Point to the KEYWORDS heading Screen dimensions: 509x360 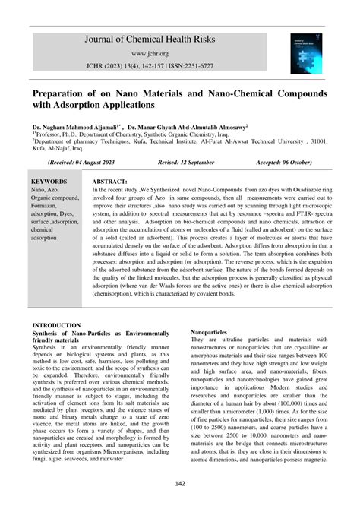coord(49,182)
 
